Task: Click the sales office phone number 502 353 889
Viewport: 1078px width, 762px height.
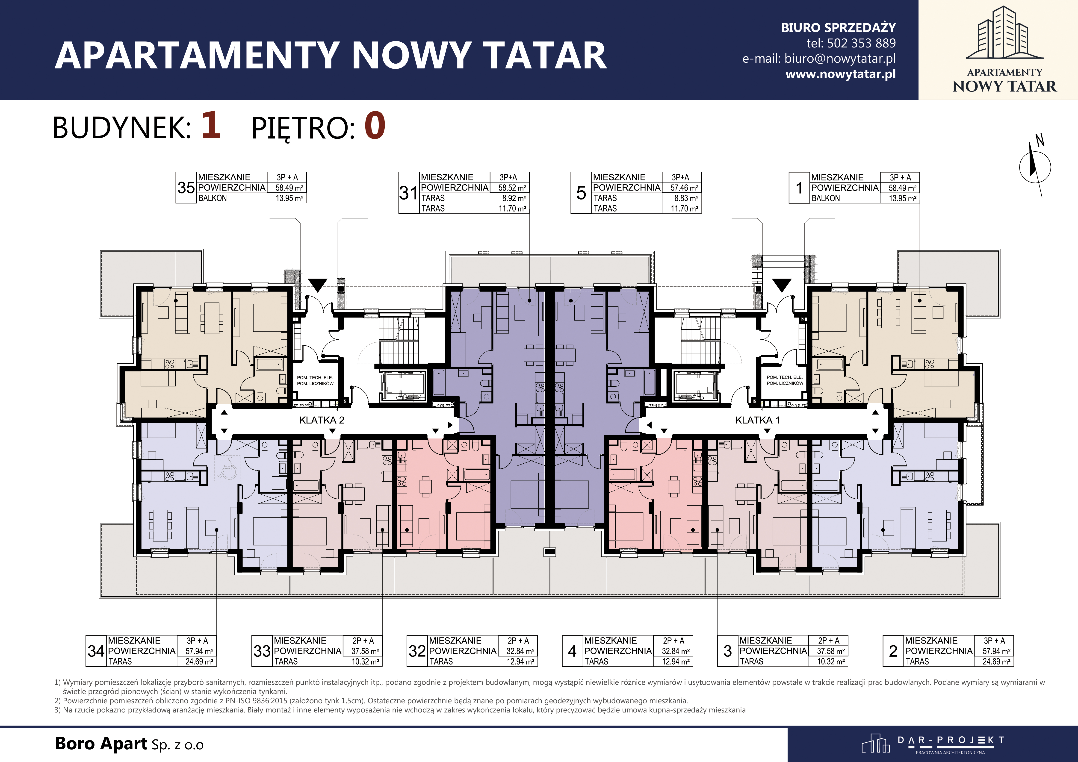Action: click(861, 43)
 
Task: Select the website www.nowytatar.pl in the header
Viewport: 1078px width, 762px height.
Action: click(840, 74)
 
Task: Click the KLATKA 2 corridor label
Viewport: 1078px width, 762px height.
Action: click(322, 420)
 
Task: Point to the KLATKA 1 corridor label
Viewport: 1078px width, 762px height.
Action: click(757, 420)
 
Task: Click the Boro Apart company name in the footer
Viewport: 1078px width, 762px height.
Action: click(101, 744)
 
